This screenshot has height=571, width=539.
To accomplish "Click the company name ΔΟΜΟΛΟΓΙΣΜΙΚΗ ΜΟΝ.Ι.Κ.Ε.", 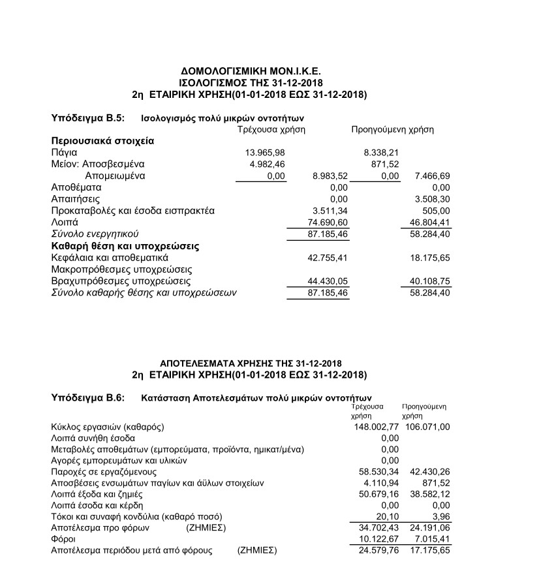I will tap(251, 71).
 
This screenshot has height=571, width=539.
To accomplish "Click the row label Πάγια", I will tap(64, 152).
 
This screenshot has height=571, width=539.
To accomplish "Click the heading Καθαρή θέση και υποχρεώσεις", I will tap(125, 246).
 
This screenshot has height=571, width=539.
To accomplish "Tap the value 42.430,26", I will tap(427, 471).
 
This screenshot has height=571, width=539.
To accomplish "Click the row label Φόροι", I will tap(63, 540).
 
